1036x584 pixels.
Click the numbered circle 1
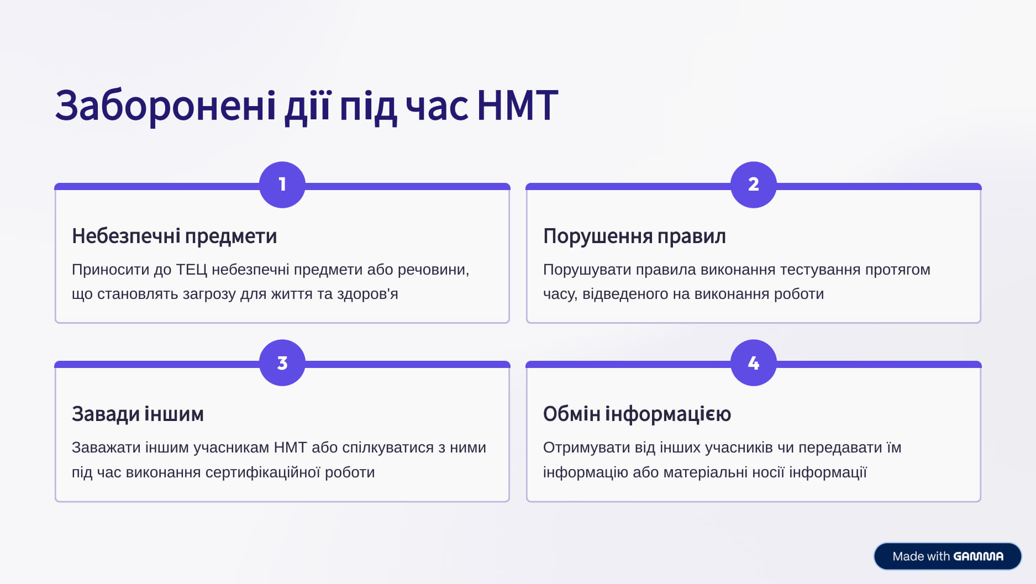click(x=282, y=185)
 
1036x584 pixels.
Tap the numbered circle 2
click(x=754, y=185)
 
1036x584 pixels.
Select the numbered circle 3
click(x=282, y=363)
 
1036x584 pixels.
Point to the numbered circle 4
click(x=754, y=363)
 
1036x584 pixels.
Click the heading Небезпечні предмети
click(x=174, y=236)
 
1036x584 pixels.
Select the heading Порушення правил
click(x=634, y=236)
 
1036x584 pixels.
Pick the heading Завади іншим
click(x=138, y=414)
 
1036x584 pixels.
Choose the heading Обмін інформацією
click(x=637, y=414)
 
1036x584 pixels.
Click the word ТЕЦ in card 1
click(x=191, y=270)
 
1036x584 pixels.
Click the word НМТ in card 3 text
click(x=290, y=448)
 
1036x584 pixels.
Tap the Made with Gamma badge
click(x=948, y=556)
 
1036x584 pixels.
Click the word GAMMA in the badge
click(x=978, y=556)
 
